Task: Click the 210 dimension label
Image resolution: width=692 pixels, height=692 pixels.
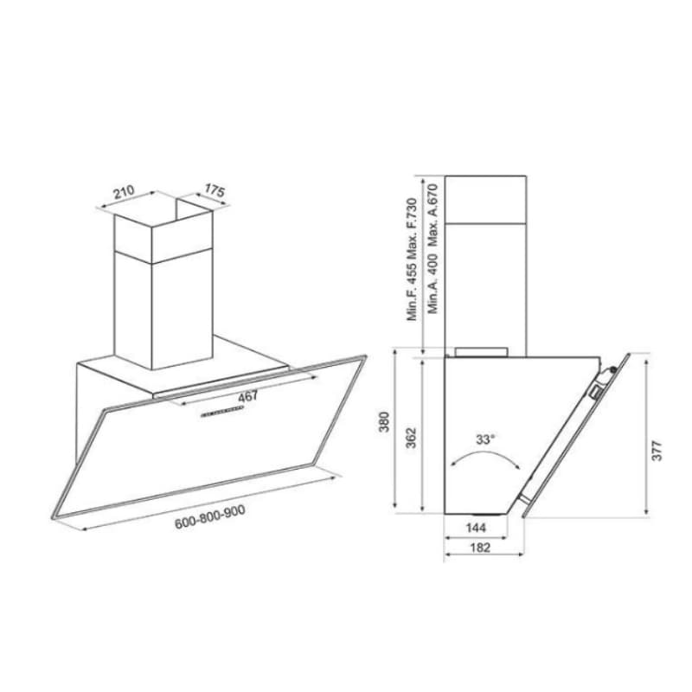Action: (x=122, y=192)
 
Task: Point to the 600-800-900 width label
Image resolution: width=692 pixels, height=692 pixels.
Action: (x=209, y=512)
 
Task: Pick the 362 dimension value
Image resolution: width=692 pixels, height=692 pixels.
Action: (x=412, y=437)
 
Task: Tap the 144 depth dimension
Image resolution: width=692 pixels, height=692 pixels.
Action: (x=475, y=526)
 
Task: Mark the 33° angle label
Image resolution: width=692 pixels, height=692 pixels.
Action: (x=485, y=439)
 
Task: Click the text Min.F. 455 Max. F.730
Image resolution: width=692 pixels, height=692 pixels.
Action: (x=413, y=259)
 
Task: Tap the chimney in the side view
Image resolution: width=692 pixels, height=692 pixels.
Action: (x=489, y=259)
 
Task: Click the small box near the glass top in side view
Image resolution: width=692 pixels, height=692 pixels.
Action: (x=596, y=391)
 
